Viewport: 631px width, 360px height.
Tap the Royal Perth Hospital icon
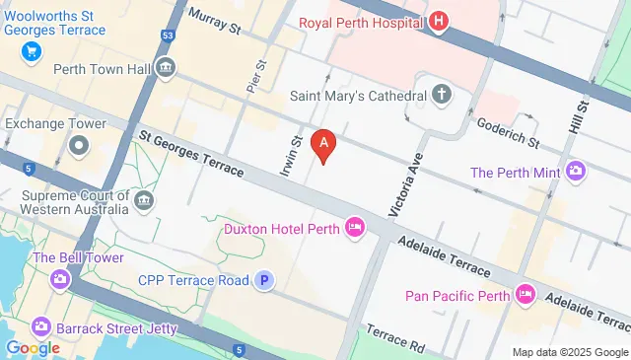(440, 22)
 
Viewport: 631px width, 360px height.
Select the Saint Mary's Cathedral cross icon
(441, 96)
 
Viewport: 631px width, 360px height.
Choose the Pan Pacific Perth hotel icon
(526, 295)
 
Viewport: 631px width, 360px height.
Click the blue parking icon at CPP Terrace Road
(263, 281)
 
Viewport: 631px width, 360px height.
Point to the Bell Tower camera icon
(60, 280)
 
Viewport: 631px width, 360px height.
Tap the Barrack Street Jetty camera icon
(40, 325)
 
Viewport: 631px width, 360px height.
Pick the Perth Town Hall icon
(166, 68)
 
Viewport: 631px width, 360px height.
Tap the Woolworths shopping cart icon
(33, 51)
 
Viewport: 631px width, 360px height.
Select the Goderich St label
(508, 134)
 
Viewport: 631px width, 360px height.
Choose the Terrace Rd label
(394, 337)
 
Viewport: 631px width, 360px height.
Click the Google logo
(33, 347)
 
